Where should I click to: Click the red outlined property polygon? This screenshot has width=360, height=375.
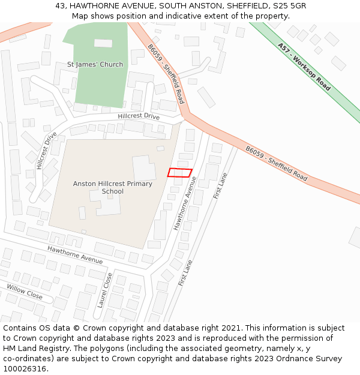pos(179,173)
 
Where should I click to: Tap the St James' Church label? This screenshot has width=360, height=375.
pos(95,65)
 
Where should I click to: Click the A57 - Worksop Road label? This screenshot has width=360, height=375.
pos(304,66)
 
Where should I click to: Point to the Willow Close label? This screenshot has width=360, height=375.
pos(25,292)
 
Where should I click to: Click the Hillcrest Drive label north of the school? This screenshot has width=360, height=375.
pos(139,116)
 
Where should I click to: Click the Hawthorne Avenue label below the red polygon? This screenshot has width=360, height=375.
pos(185,203)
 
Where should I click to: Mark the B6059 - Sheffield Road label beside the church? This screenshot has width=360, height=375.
pos(166,74)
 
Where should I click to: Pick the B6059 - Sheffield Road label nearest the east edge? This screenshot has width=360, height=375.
pos(276,163)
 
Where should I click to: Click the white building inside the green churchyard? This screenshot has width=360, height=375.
pos(103,43)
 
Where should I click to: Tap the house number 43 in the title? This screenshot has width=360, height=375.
pos(60,5)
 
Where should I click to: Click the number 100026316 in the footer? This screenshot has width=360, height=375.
pos(24,368)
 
